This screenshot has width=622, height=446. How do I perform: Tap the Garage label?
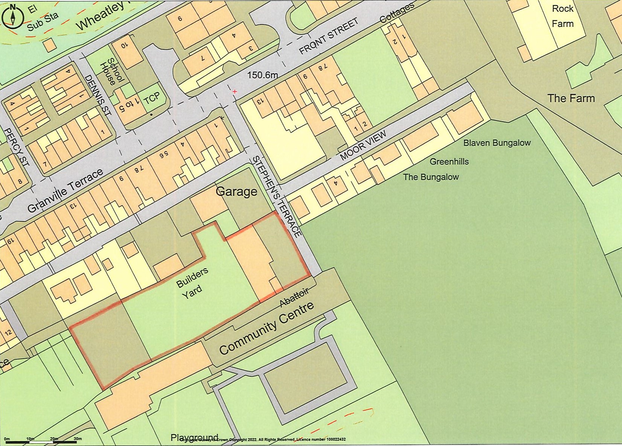[236, 192]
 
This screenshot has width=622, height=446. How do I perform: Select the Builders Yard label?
[192, 284]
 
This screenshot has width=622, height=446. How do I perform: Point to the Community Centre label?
[266, 328]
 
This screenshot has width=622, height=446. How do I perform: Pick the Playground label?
[194, 438]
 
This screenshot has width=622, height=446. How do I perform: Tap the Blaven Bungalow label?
[497, 143]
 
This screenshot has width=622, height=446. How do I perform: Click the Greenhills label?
[449, 162]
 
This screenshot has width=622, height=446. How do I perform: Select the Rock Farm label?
[563, 16]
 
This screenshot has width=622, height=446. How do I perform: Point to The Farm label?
[571, 98]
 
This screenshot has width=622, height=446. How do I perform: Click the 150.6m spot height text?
[262, 75]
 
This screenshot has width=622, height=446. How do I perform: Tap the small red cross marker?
[235, 91]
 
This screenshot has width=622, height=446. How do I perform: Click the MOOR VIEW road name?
[363, 146]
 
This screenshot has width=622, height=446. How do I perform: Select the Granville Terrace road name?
[65, 191]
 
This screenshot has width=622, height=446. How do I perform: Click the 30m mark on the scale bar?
[77, 439]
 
